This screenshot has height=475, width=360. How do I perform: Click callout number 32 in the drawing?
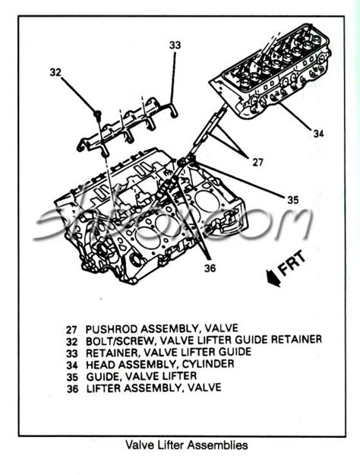click(x=55, y=72)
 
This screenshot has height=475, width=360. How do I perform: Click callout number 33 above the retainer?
click(x=175, y=46)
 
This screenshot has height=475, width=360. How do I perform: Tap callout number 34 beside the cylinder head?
click(x=318, y=134)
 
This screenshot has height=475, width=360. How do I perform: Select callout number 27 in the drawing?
click(x=257, y=162)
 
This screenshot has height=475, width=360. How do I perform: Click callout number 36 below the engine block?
click(x=210, y=268)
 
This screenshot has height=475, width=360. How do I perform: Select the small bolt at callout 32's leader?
click(x=98, y=114)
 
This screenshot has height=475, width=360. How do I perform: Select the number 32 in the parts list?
click(x=71, y=340)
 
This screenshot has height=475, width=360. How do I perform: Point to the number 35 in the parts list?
click(x=71, y=375)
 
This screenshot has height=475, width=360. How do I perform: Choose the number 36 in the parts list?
click(x=71, y=387)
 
